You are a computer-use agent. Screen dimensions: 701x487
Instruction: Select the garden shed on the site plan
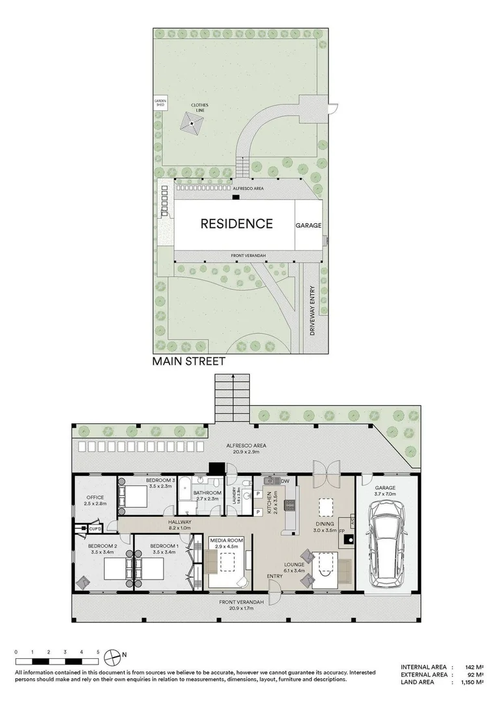[160, 104]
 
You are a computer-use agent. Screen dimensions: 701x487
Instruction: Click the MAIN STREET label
[189, 362]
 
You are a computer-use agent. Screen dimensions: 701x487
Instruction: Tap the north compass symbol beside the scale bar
[115, 654]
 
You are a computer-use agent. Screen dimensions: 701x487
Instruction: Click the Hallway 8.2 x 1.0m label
[179, 524]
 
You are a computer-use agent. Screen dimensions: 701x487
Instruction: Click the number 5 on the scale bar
[97, 651]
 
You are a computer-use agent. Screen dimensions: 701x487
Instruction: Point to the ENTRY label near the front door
[274, 576]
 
